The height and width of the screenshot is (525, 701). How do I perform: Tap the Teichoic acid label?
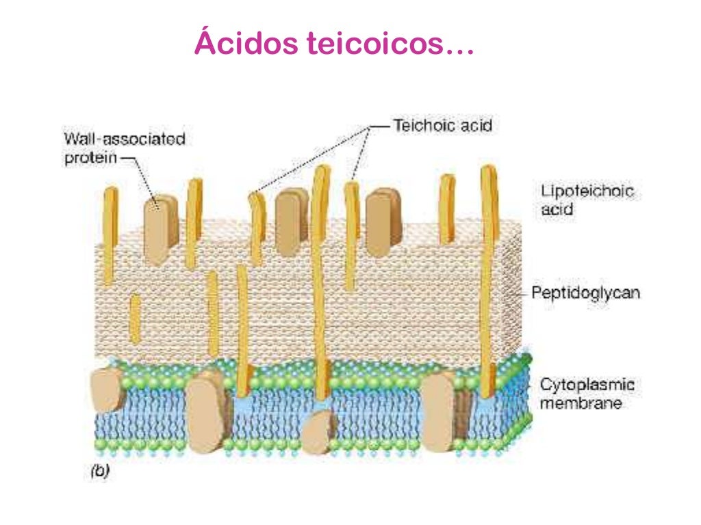(442, 126)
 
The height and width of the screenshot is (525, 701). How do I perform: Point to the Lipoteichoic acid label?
(587, 200)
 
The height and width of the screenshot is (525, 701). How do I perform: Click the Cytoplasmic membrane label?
(587, 394)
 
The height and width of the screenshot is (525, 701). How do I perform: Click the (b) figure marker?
(100, 471)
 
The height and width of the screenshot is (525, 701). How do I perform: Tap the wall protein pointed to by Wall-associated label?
(161, 229)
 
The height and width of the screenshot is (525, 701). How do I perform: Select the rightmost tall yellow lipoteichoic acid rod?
(487, 280)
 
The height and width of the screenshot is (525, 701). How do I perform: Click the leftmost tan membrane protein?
(107, 390)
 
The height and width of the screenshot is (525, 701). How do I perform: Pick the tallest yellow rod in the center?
(318, 273)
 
